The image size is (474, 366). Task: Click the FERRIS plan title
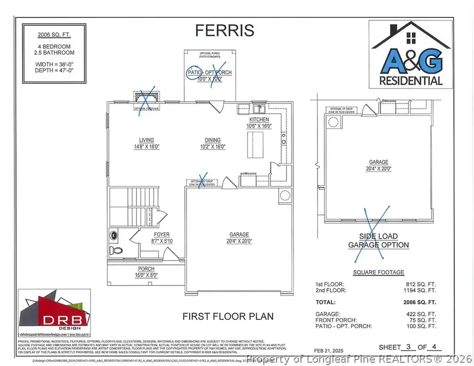[x=224, y=31]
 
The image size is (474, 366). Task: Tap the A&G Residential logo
[x=412, y=54]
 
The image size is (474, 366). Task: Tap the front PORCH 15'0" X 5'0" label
[x=146, y=272]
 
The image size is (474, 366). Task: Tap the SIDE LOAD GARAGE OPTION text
[x=378, y=241]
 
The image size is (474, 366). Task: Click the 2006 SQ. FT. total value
[x=423, y=303]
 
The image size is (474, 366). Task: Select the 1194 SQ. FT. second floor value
[x=423, y=291]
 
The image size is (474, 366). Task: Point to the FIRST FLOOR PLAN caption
[x=228, y=316]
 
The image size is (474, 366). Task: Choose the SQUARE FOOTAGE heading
[x=378, y=272]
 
